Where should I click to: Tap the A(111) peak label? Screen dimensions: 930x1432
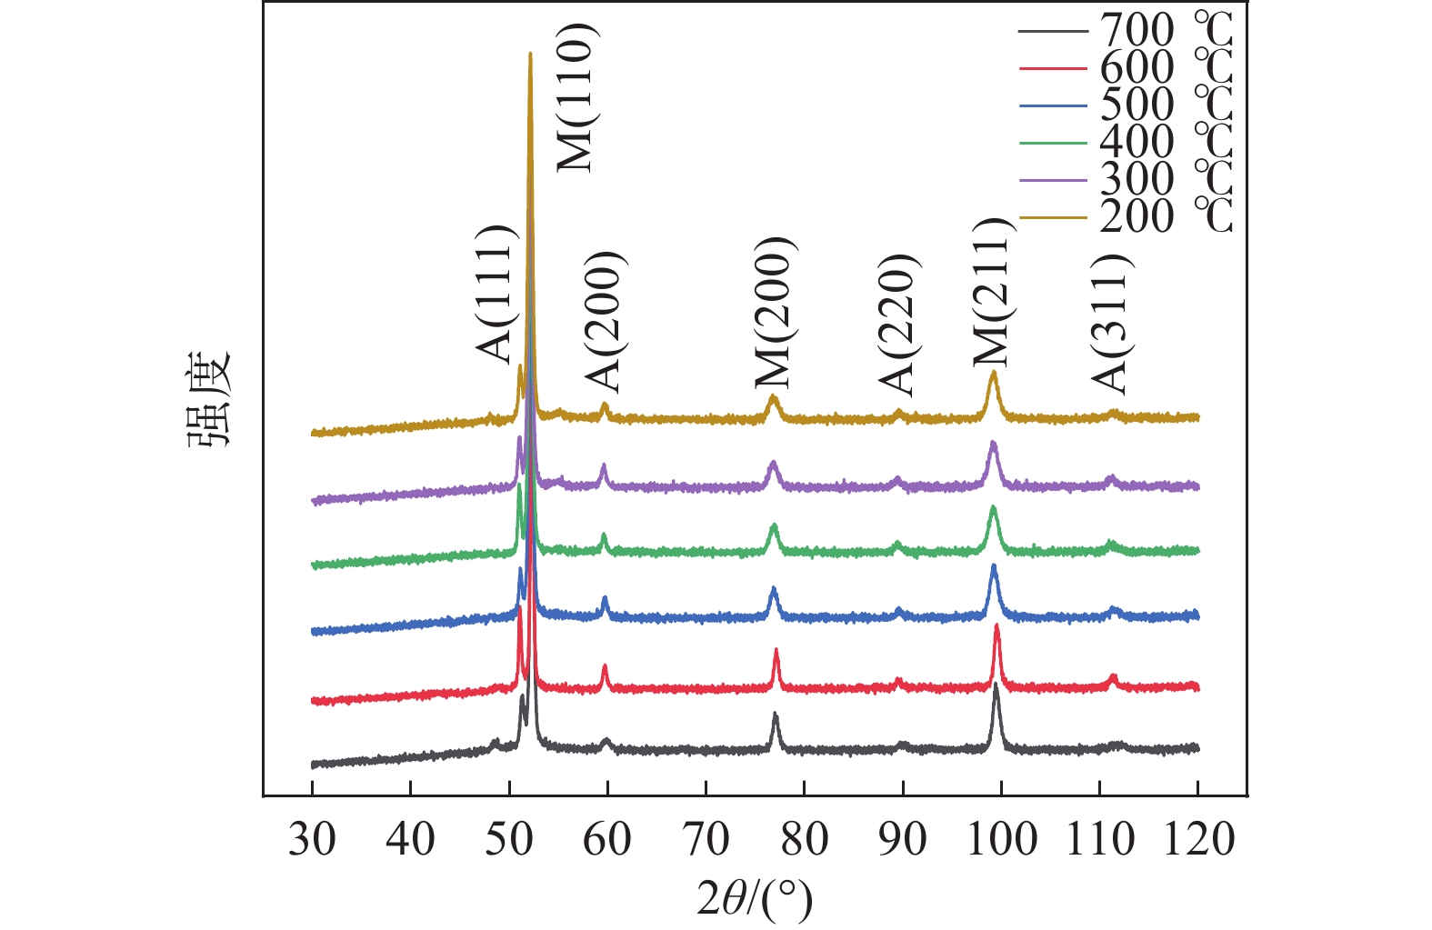tap(496, 294)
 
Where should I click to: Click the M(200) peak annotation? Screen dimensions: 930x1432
tap(775, 312)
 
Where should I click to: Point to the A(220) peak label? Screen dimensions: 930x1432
tap(898, 325)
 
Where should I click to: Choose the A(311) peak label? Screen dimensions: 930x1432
tap(1110, 323)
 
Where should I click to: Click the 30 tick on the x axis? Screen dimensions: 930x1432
tap(312, 839)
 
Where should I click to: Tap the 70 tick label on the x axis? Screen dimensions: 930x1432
tap(706, 839)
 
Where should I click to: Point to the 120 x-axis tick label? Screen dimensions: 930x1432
tap(1197, 839)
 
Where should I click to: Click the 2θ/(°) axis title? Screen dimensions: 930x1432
tap(755, 899)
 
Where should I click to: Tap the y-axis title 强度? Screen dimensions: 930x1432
tap(211, 399)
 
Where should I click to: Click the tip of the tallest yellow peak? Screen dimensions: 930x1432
tap(530, 54)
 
